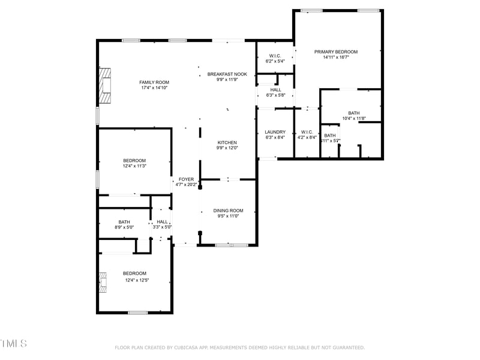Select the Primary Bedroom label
(336, 52)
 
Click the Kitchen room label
(227, 143)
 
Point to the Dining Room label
(228, 211)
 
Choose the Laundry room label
(275, 132)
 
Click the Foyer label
(186, 179)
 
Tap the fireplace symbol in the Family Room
(106, 86)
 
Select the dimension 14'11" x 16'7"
(336, 58)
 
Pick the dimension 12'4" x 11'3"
(134, 166)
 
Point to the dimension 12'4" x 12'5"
(136, 280)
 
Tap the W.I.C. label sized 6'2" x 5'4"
(275, 56)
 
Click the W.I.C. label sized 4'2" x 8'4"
(307, 132)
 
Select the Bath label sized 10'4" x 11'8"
(354, 113)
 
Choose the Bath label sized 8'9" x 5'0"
(124, 221)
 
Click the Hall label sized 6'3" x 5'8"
(275, 90)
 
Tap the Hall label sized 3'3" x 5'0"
(162, 221)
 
